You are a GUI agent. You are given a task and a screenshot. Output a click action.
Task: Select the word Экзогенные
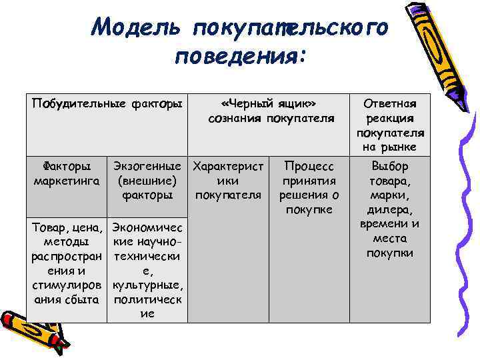147,166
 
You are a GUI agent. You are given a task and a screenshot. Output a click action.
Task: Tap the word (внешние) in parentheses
147,181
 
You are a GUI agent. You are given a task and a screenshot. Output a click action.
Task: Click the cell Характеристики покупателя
228,180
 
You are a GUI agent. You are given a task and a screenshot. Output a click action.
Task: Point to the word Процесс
309,166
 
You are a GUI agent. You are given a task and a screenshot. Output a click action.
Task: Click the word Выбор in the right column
390,166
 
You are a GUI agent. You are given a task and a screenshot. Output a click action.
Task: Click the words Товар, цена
66,227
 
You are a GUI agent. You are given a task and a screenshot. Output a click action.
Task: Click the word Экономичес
147,227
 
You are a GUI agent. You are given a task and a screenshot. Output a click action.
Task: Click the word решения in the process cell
309,195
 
